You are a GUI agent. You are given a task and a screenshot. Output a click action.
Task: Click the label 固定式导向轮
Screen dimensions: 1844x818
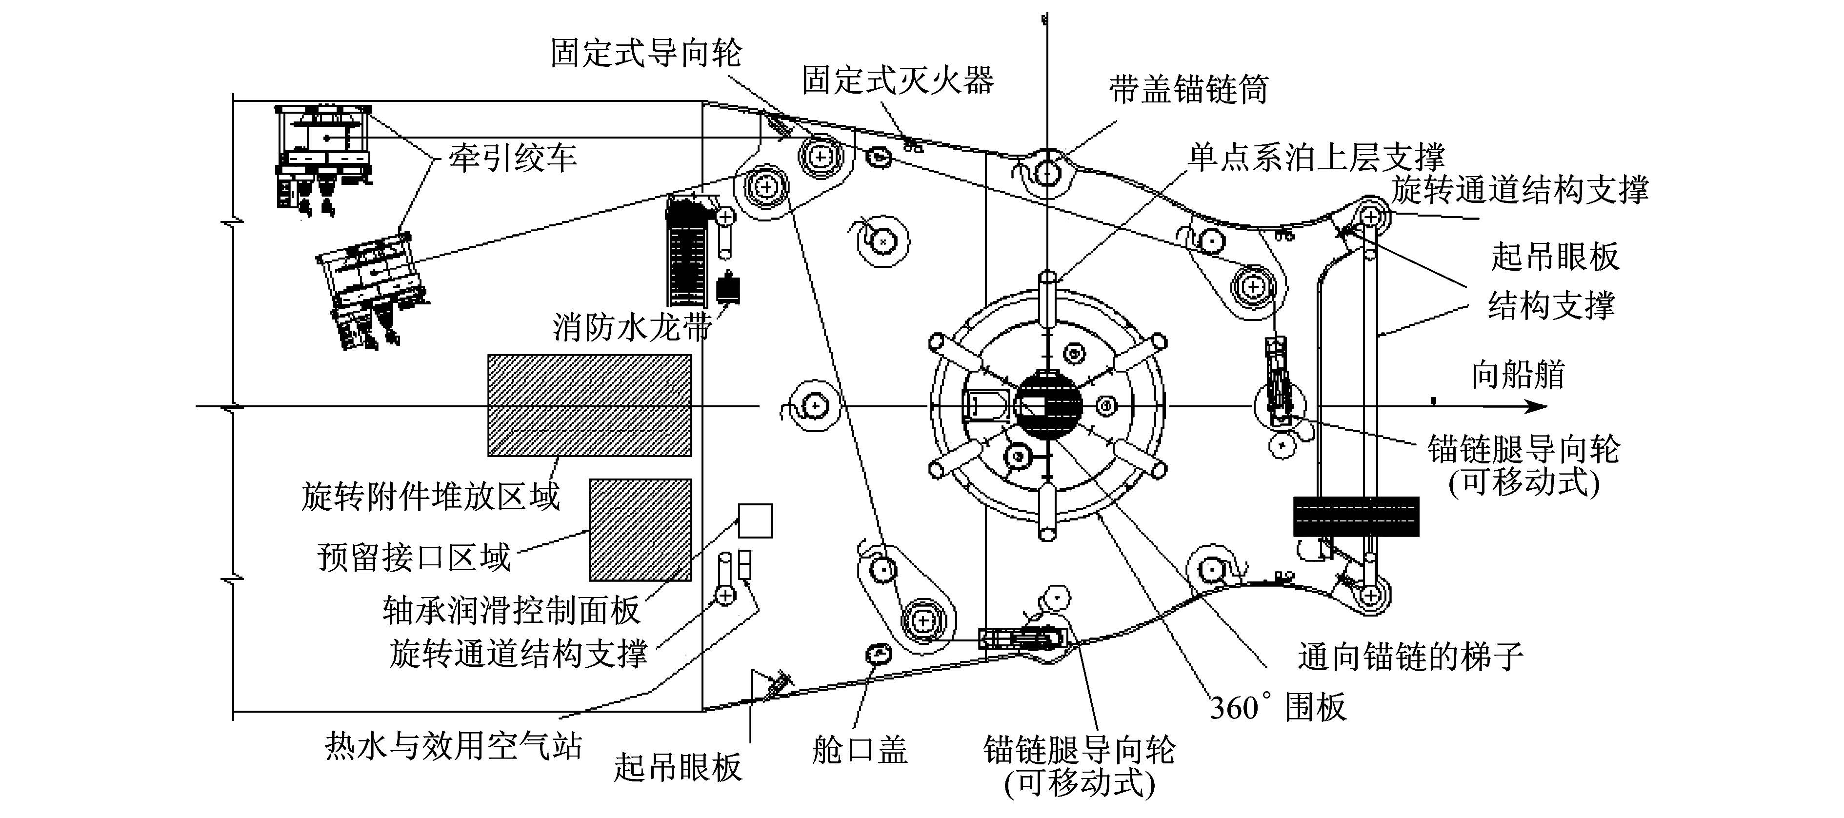point(646,53)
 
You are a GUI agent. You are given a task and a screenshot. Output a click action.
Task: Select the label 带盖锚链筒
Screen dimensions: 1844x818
point(1188,89)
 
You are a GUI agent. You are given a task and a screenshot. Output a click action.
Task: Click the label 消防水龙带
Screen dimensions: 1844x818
point(632,327)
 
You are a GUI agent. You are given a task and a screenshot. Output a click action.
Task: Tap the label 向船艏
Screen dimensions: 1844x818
point(1518,374)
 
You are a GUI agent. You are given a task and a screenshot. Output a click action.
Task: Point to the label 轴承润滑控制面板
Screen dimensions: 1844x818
point(511,610)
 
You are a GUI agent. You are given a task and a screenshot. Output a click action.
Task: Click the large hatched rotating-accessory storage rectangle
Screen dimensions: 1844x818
point(589,405)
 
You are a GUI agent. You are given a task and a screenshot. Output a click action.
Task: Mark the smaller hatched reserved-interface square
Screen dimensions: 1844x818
point(640,530)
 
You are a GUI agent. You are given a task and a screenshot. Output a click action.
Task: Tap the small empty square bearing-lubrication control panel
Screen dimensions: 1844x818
point(755,520)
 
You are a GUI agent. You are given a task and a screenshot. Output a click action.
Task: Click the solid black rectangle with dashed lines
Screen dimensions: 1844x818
point(1356,516)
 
